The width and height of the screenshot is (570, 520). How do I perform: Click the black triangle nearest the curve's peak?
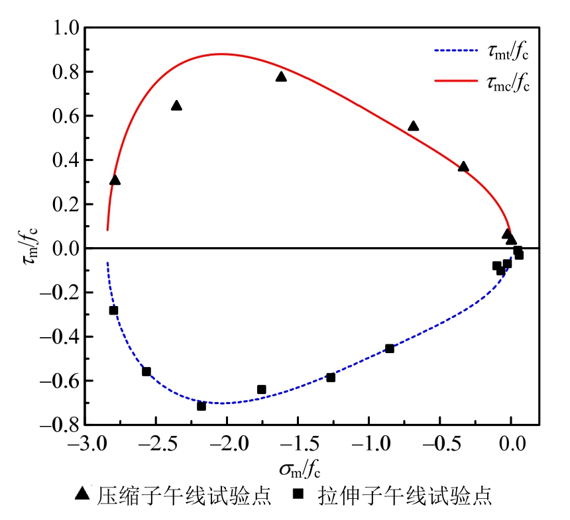(281, 77)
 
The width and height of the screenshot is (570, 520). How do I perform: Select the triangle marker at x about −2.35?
(176, 106)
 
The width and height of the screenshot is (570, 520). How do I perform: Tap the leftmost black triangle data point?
(115, 180)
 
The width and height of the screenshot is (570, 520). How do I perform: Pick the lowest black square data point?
(201, 405)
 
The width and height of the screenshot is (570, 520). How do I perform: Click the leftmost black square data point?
(113, 310)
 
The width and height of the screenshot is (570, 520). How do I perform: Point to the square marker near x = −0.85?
(390, 348)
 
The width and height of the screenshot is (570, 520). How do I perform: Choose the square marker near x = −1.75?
(261, 390)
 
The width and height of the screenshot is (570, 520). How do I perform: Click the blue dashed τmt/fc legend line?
(457, 50)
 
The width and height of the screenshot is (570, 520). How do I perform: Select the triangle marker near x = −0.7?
(414, 126)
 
